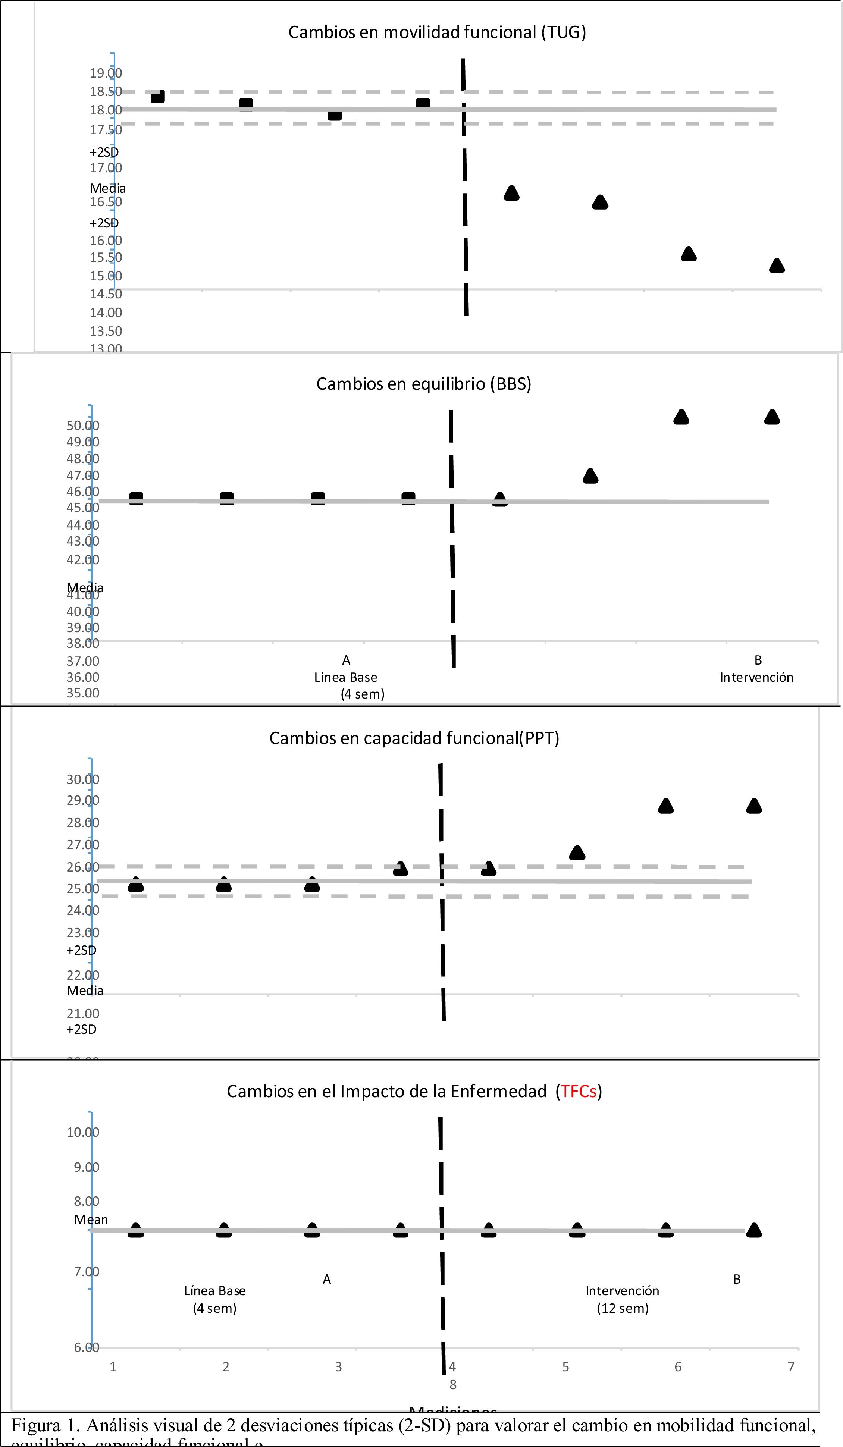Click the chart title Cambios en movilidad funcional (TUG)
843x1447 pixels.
coord(437,32)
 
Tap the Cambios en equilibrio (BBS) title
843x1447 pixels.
coord(424,384)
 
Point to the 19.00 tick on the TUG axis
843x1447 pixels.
coord(106,73)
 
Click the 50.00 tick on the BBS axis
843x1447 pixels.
coord(83,426)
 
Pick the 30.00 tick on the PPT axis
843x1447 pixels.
coord(83,779)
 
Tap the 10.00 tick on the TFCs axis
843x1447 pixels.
coord(83,1132)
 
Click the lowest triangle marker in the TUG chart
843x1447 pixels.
coord(777,265)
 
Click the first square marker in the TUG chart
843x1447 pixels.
coord(158,96)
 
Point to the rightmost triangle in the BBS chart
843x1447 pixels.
coord(772,417)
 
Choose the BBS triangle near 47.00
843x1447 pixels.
coord(590,476)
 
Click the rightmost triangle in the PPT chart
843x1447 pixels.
coord(754,806)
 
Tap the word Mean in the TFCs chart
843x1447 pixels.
coord(91,1219)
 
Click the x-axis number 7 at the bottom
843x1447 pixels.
coord(791,1366)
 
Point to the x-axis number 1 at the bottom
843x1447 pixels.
coord(113,1366)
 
